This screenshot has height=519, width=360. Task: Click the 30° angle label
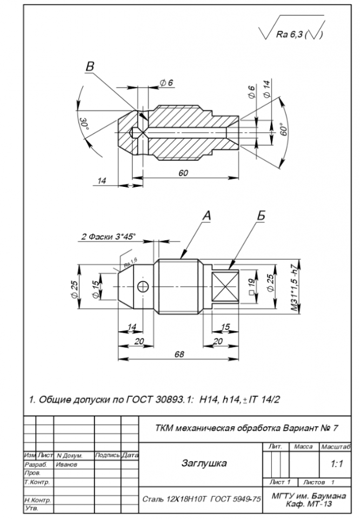[84, 123]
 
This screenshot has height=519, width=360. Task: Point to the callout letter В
[90, 66]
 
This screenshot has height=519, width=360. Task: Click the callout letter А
[206, 215]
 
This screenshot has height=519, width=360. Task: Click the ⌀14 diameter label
[266, 89]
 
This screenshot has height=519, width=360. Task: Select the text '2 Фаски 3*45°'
[108, 237]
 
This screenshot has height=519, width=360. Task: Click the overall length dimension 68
[179, 354]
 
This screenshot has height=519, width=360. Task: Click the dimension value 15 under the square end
[225, 327]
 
